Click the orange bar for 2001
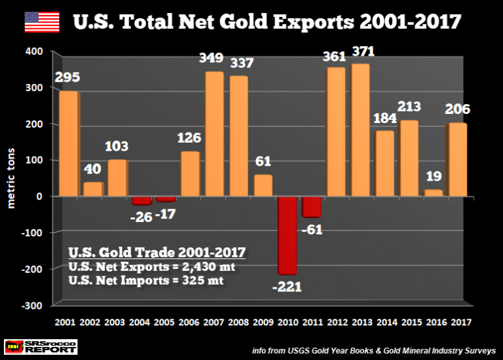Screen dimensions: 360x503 [68, 143]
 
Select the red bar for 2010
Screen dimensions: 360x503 [287, 235]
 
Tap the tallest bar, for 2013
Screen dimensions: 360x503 [360, 130]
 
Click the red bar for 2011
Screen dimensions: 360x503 [311, 207]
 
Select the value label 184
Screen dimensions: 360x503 [385, 120]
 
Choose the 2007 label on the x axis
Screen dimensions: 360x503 [214, 321]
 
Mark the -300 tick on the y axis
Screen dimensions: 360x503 [33, 305]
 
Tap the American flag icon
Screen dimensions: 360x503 [41, 22]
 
